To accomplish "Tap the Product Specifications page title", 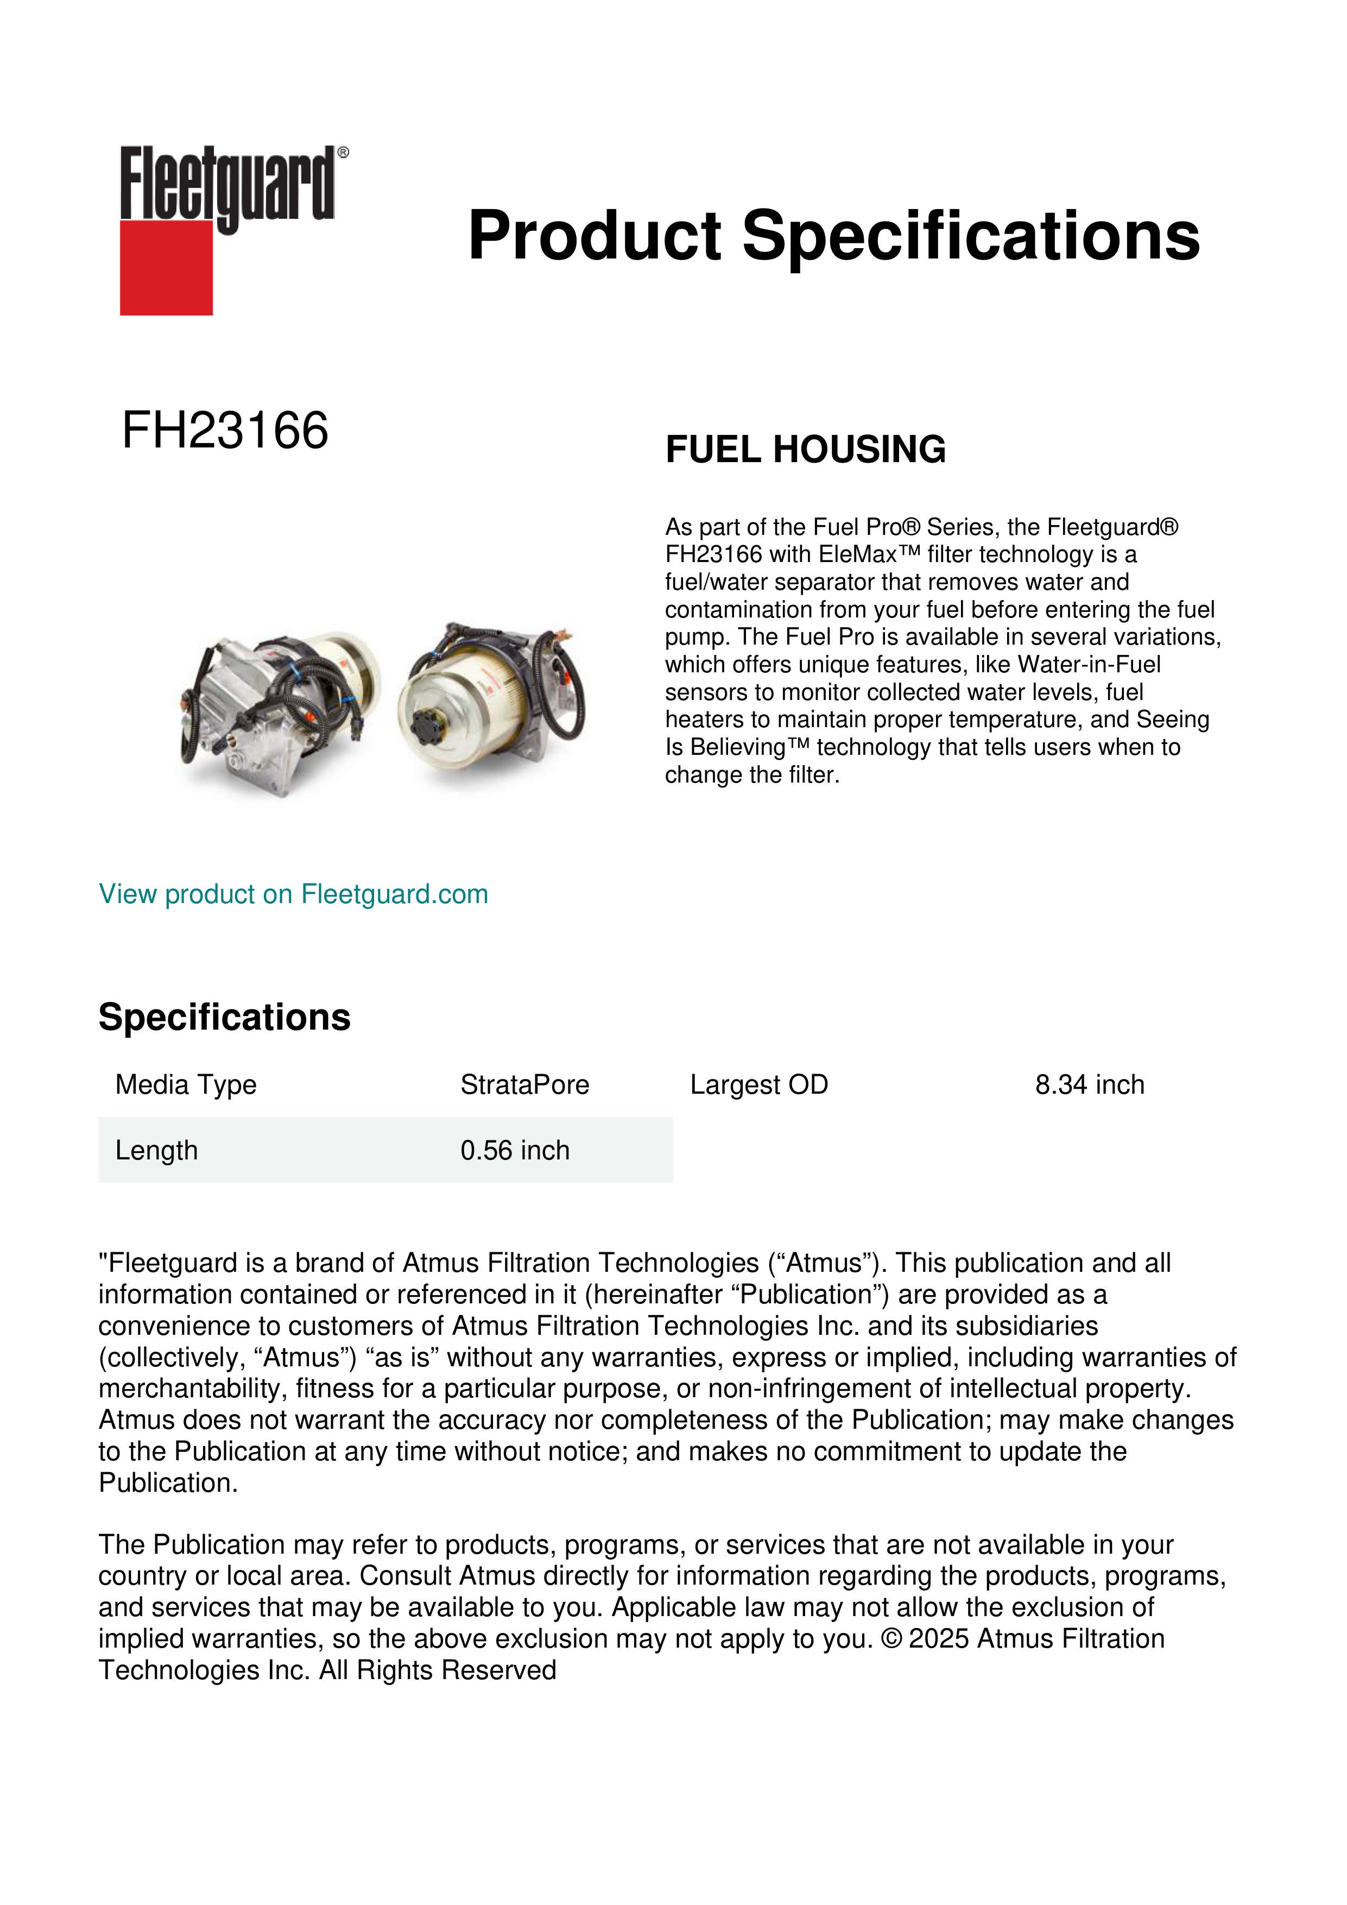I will coord(833,236).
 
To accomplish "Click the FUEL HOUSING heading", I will coord(805,449).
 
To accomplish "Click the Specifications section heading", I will coord(224,1017).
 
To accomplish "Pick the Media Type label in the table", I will coord(186,1084).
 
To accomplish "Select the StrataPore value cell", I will coord(524,1084).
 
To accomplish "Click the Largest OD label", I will coord(759,1084).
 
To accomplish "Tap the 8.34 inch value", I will coord(1089,1084).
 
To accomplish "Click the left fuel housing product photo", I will coord(278,714).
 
